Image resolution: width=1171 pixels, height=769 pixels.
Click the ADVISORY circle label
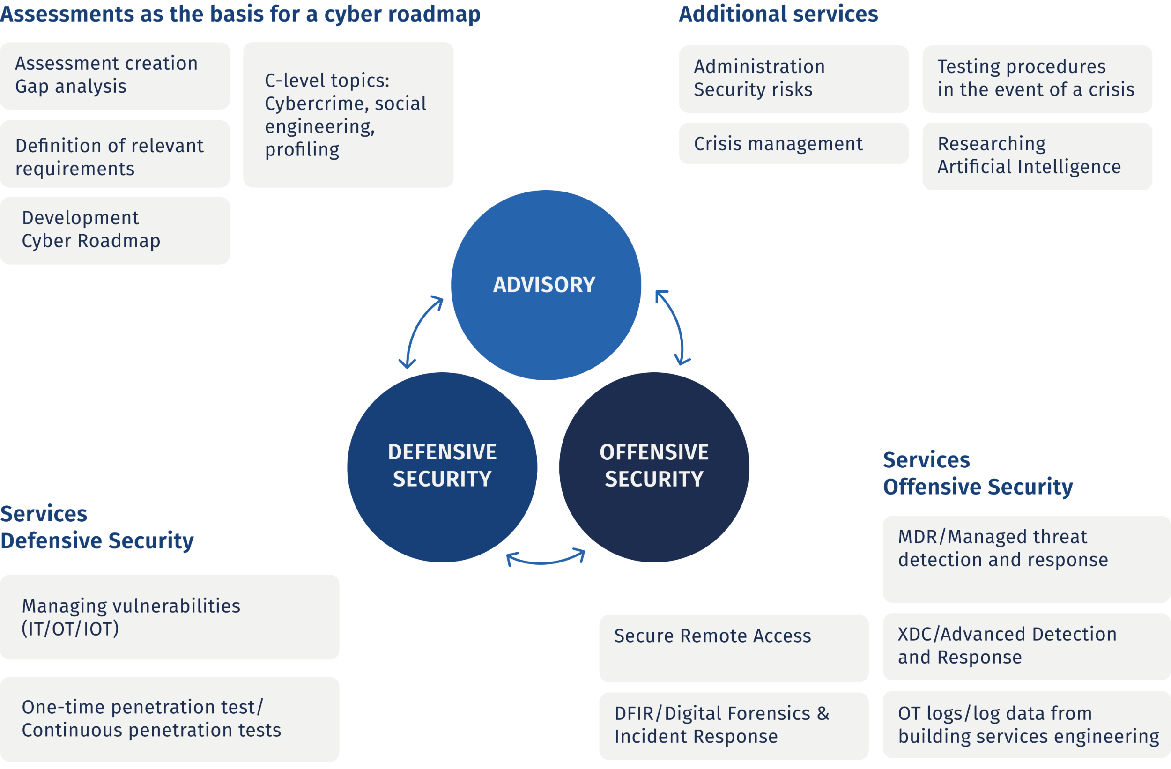tap(544, 285)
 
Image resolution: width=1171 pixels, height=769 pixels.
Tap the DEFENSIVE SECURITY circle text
tap(442, 466)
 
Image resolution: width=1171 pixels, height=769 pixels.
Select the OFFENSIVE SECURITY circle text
tap(654, 466)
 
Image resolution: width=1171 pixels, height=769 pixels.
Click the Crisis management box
tap(793, 144)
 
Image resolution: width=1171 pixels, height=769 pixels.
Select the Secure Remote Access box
tap(734, 648)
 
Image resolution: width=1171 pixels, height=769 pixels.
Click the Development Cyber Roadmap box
tap(115, 230)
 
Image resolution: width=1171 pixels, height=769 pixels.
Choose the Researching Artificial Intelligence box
tap(1037, 155)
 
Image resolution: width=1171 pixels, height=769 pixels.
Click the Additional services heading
tap(778, 14)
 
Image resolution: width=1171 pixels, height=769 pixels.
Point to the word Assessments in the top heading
tap(67, 14)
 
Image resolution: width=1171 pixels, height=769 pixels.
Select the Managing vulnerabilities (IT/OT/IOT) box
tap(169, 617)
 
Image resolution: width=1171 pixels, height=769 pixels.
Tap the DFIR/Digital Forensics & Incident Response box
tap(734, 725)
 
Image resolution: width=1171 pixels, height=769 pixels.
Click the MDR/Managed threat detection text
tap(1003, 548)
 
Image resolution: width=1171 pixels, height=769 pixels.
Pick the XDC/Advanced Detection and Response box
tap(1026, 646)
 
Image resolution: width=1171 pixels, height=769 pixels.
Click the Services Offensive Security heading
tap(977, 473)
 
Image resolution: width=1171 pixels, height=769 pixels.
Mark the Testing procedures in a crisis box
tap(1037, 79)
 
